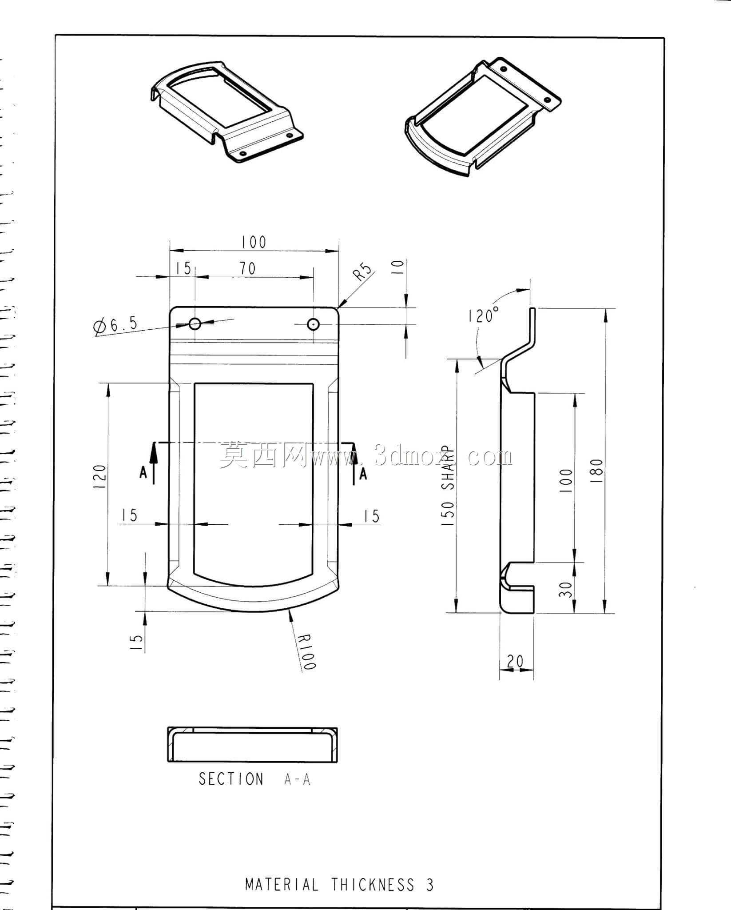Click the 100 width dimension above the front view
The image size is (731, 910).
coord(254,242)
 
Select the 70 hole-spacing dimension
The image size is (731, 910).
coord(248,268)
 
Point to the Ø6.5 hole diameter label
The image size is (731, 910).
coord(115,325)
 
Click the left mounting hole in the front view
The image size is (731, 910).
coord(195,323)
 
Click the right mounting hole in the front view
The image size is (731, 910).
coord(314,324)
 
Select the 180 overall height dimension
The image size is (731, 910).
coord(597,467)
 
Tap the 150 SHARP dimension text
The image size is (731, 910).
coord(449,486)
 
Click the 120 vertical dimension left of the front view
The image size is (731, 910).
coord(100,477)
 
